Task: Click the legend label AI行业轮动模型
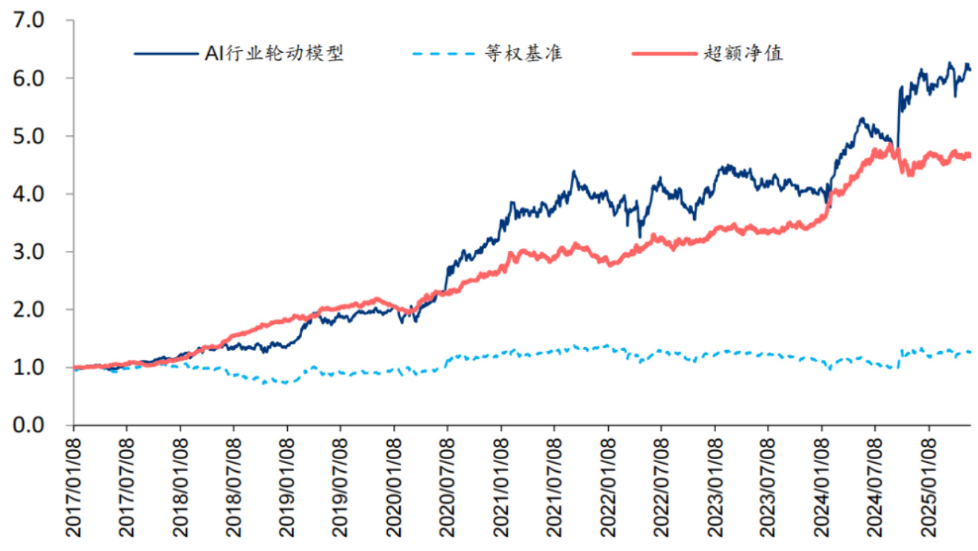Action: click(274, 54)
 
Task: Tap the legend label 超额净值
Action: click(742, 54)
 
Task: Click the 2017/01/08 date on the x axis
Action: click(73, 485)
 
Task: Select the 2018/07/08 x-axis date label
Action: click(233, 485)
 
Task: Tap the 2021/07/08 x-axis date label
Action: click(554, 485)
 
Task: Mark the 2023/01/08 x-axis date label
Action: click(715, 485)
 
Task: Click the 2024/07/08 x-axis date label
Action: click(875, 485)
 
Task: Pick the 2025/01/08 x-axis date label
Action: click(929, 485)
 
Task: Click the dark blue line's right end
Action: click(970, 69)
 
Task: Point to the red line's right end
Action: click(970, 155)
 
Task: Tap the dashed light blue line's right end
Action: click(970, 352)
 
